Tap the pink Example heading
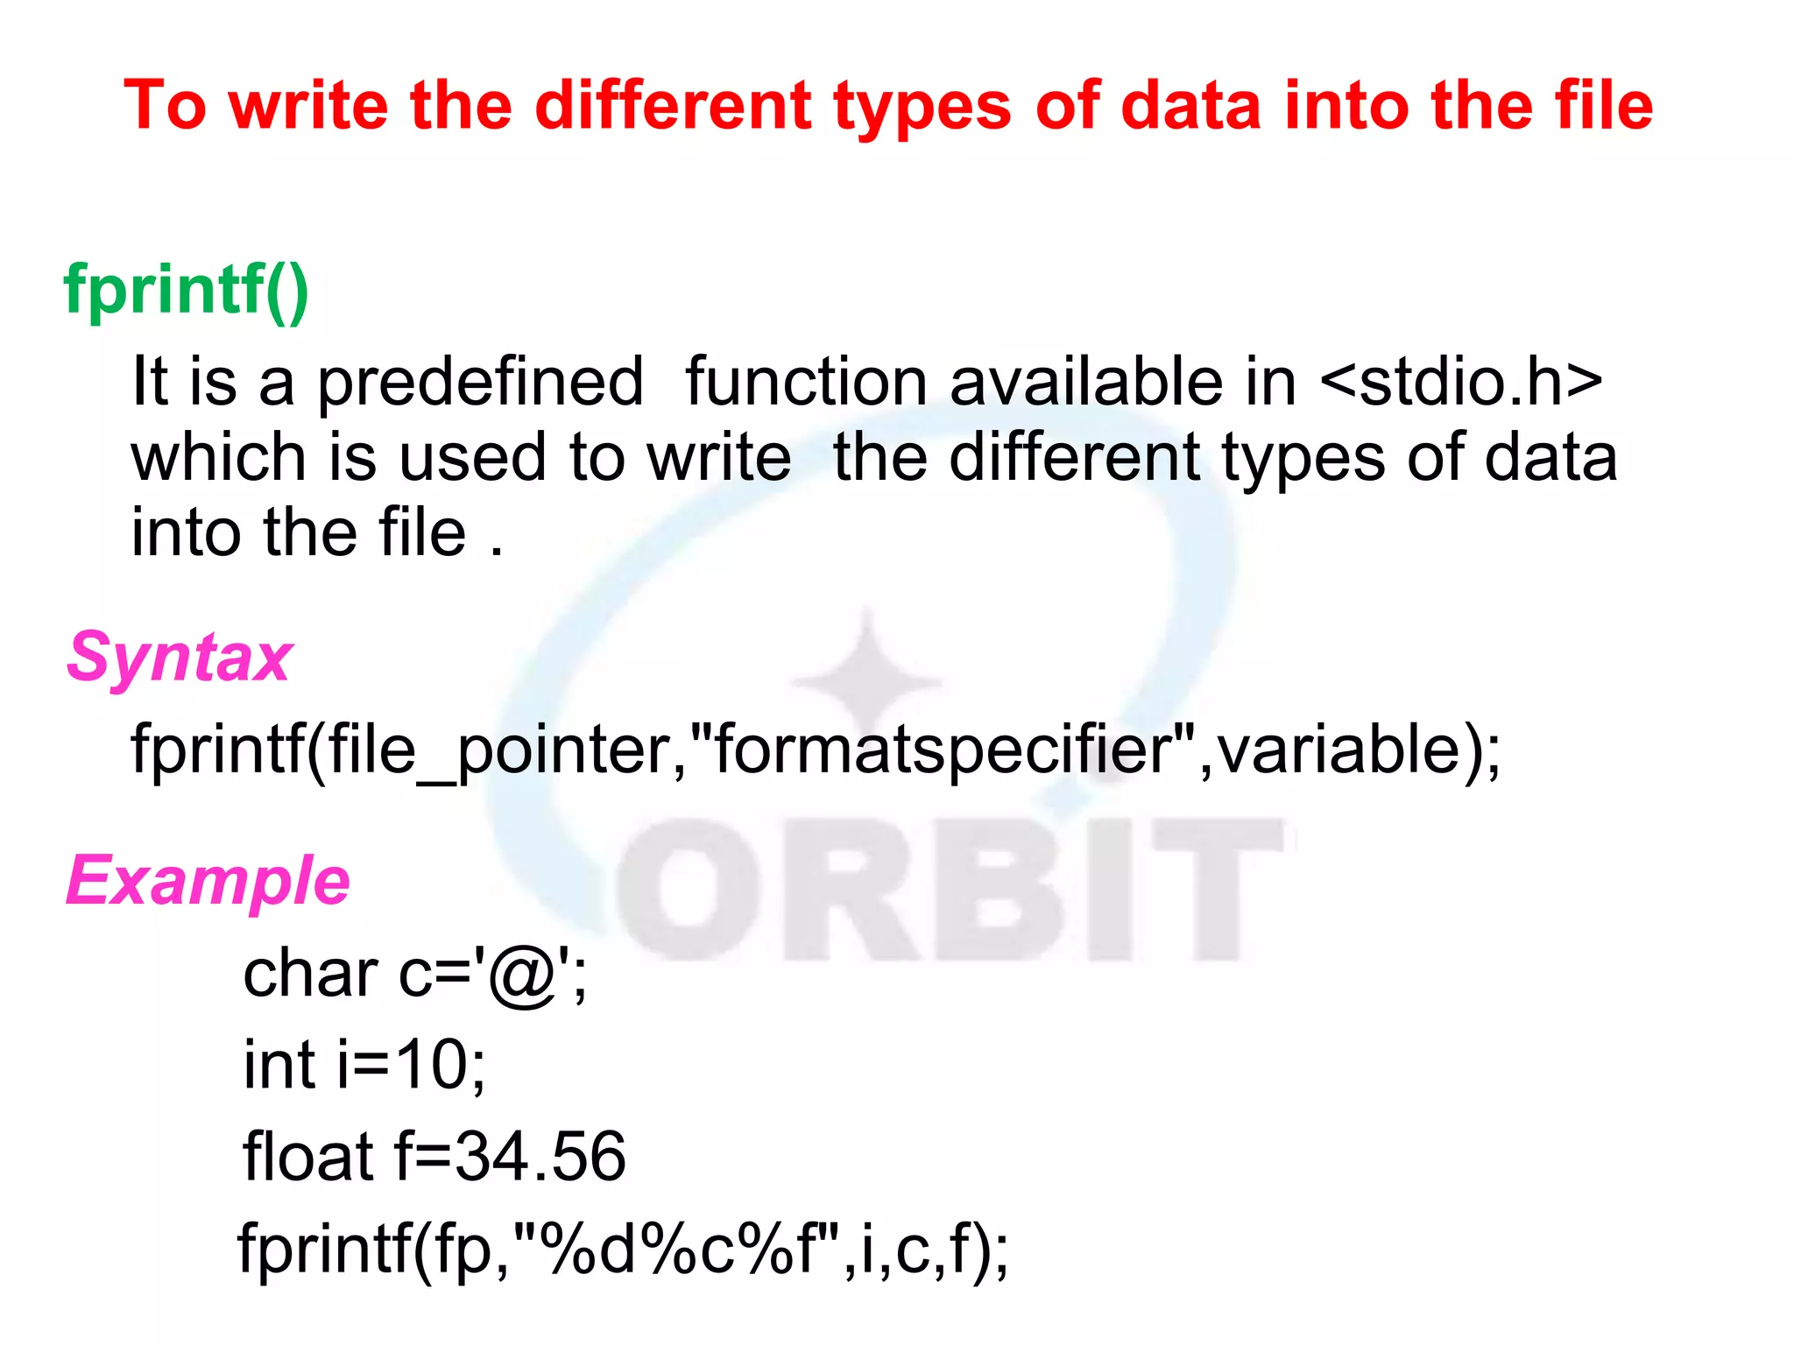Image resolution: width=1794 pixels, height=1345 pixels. [208, 880]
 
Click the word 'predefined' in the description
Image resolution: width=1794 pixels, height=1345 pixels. [480, 383]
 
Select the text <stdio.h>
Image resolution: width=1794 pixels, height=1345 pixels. [1461, 383]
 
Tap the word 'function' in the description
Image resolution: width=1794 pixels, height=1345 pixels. [806, 383]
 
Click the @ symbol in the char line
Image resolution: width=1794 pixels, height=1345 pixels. [524, 976]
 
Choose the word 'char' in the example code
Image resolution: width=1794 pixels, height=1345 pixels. [310, 975]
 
